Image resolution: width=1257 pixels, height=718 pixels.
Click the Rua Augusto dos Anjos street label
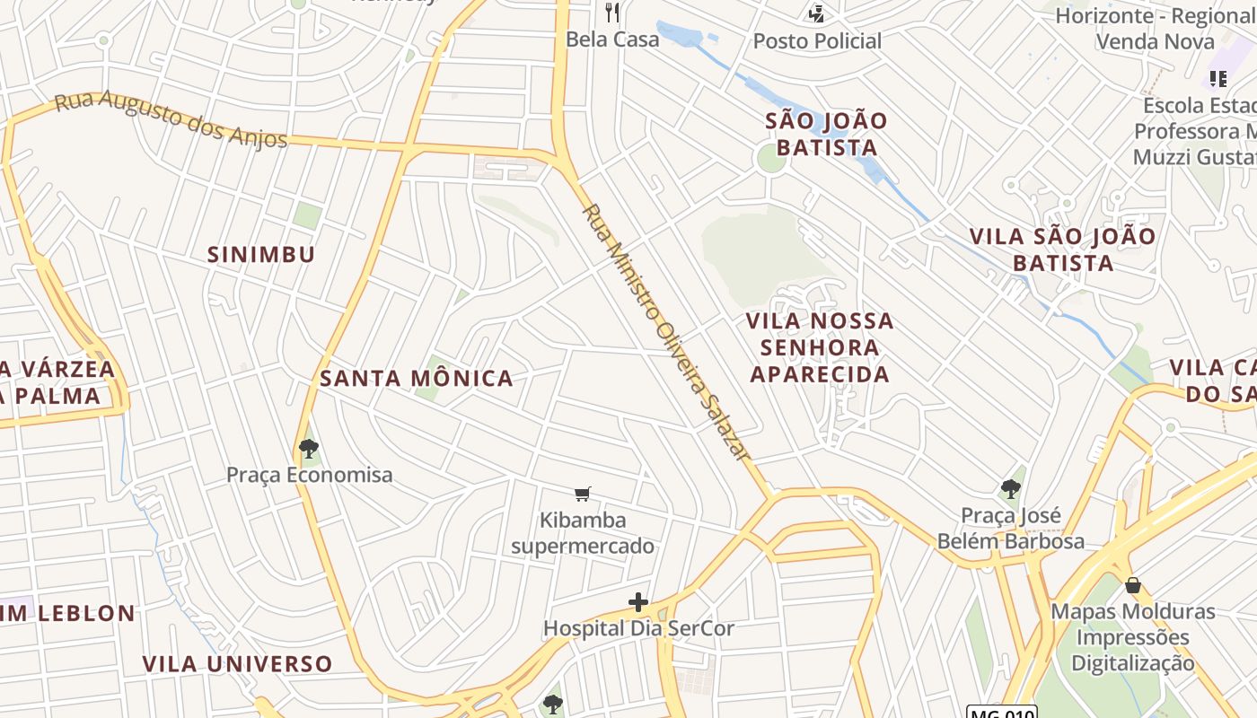click(171, 120)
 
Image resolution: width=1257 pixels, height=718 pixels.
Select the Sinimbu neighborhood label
click(261, 255)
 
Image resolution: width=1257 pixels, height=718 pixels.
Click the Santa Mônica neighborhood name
click(417, 379)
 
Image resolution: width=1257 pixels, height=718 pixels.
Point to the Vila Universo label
click(237, 664)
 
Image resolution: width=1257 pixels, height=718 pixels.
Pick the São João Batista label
click(826, 135)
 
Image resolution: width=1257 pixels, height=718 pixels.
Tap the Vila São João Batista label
click(1062, 250)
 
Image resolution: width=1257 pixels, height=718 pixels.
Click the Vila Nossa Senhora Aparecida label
click(821, 347)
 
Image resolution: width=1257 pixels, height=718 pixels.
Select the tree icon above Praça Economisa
click(309, 448)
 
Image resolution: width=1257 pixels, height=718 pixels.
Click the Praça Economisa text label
click(309, 475)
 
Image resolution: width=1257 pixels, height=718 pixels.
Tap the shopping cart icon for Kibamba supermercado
click(583, 494)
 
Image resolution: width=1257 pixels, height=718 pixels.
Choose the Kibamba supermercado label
click(583, 533)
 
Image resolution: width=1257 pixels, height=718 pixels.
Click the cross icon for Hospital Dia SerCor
click(638, 601)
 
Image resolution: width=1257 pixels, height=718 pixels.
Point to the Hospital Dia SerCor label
click(638, 628)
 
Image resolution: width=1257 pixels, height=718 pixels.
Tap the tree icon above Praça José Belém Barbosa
click(1011, 489)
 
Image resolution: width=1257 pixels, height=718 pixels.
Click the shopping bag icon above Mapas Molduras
click(1133, 585)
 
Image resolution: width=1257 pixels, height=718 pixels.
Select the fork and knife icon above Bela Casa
click(612, 13)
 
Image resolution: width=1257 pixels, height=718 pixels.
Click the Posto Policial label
click(817, 41)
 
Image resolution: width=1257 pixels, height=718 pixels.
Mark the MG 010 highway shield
click(1001, 713)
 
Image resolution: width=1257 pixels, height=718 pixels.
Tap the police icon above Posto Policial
click(816, 13)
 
